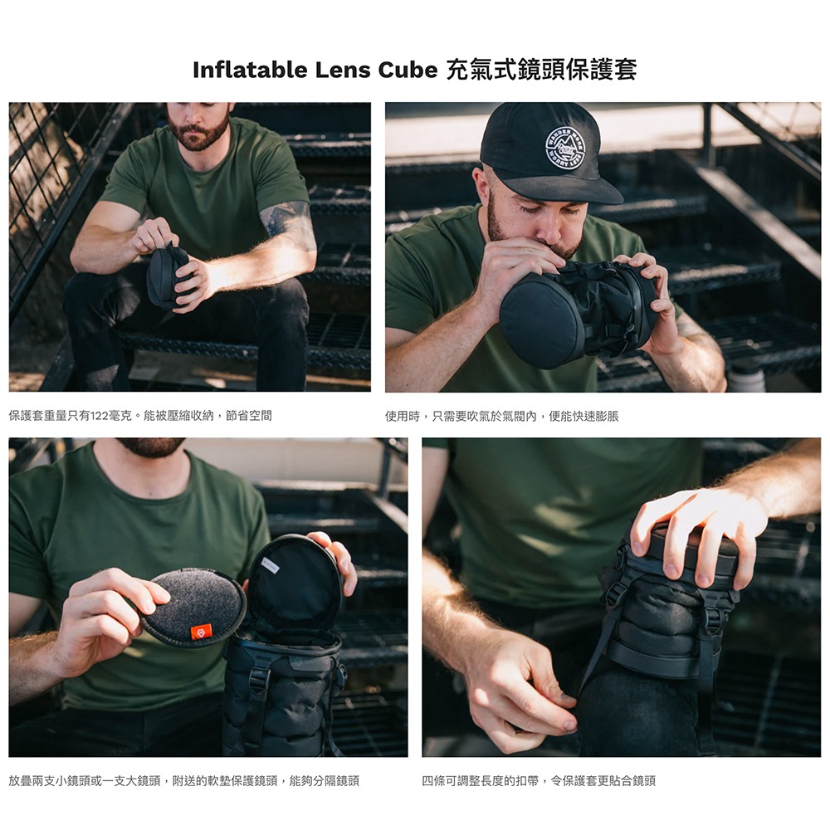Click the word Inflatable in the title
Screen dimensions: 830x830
250,70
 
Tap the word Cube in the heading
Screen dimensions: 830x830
408,70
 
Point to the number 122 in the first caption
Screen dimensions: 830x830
99,416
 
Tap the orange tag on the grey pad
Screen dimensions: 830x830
201,632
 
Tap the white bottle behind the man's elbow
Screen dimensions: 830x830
747,375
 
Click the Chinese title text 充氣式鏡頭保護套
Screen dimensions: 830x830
541,70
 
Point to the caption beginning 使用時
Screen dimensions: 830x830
502,416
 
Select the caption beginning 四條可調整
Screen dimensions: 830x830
539,781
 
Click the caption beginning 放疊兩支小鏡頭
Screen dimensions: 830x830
184,781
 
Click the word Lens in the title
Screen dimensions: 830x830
343,70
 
